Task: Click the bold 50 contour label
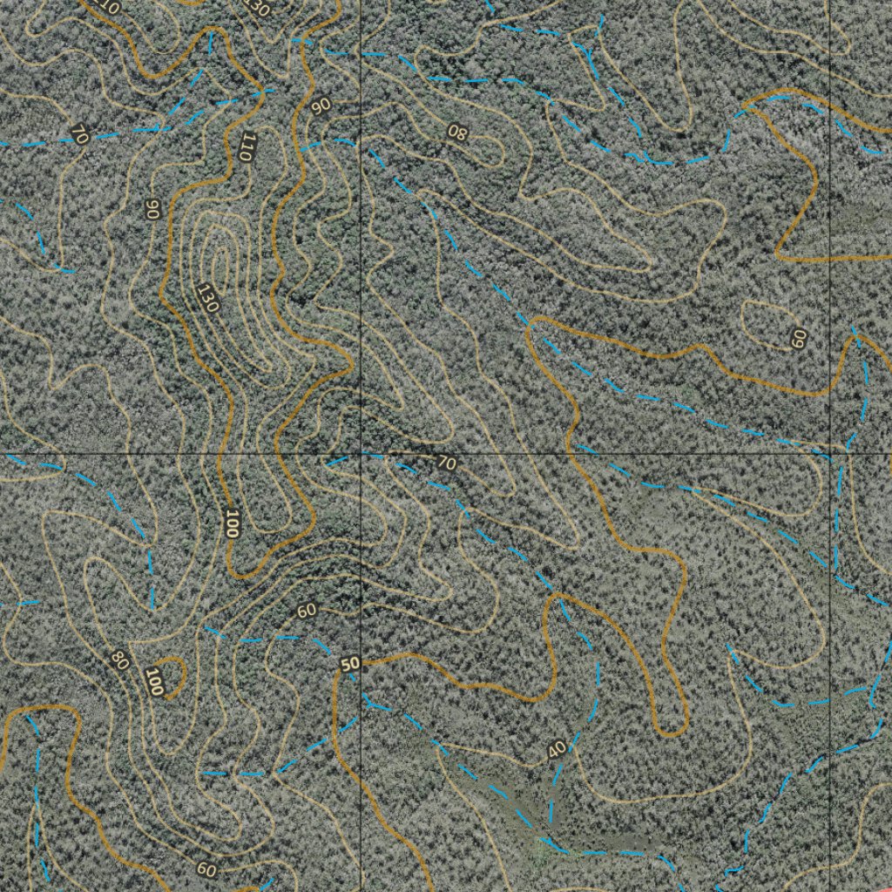pos(350,665)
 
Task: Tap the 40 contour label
pos(557,749)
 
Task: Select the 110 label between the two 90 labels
pos(246,145)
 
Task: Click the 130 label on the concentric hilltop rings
pos(207,298)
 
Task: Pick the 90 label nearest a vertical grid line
pos(321,105)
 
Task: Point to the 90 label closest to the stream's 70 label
pos(152,208)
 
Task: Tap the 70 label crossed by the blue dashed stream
pos(79,135)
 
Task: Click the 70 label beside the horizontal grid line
pos(446,463)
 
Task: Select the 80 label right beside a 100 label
pos(120,660)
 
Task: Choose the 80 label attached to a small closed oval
pos(456,132)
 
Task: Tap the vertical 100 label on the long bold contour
pos(231,523)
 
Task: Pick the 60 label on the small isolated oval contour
pos(798,338)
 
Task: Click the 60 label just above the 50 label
pos(307,611)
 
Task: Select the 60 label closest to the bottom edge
pos(206,868)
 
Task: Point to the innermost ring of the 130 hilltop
pos(219,261)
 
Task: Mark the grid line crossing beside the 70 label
pos(361,455)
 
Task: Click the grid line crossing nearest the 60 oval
pos(830,454)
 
